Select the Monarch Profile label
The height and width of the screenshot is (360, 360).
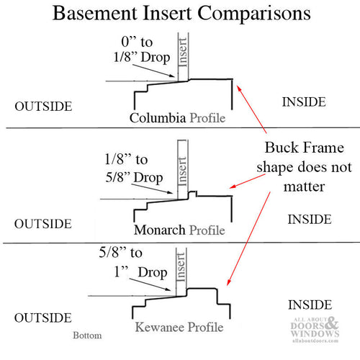click(x=179, y=230)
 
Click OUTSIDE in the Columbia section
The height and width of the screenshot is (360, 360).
click(x=43, y=106)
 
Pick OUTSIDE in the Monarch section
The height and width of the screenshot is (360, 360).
click(x=43, y=222)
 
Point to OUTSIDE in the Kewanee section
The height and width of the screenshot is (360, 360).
click(x=43, y=318)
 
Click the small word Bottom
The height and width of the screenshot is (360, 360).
click(x=88, y=336)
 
